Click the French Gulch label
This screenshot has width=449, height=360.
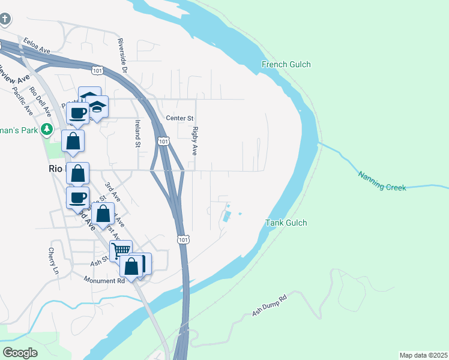(286, 64)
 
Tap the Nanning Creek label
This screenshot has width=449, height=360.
(382, 181)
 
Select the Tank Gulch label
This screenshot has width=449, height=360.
(286, 223)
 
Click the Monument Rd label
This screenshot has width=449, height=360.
(104, 280)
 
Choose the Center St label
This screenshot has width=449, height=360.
(180, 118)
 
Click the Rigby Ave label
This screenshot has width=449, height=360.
(195, 141)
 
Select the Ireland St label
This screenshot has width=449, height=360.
(137, 133)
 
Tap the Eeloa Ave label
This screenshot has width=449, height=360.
(37, 47)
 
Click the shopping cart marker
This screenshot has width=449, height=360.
(121, 250)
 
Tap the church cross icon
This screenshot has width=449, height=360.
(5, 19)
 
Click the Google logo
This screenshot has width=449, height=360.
(20, 352)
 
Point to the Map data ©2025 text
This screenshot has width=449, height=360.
(423, 355)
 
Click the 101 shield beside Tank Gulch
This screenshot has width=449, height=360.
(184, 239)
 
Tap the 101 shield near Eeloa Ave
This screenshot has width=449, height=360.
(97, 71)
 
